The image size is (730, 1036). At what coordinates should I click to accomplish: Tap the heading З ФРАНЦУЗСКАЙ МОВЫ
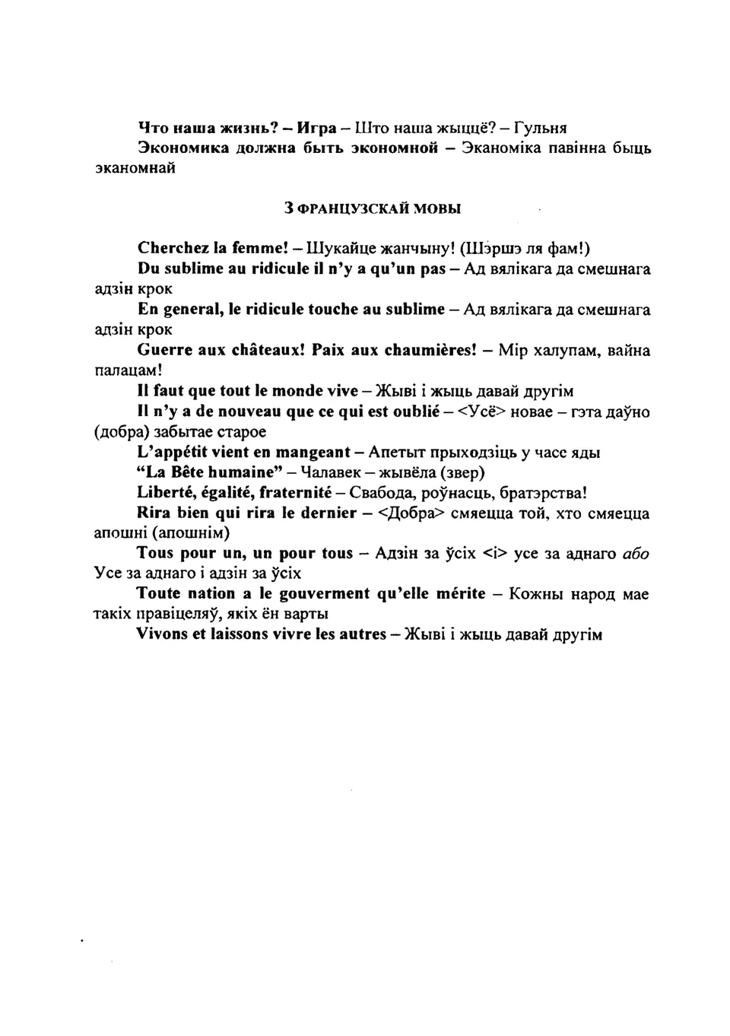tap(372, 208)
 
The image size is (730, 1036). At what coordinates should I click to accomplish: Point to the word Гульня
tap(541, 127)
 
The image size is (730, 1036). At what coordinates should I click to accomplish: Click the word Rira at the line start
tap(154, 513)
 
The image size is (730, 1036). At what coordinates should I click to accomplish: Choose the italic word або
tap(636, 554)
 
